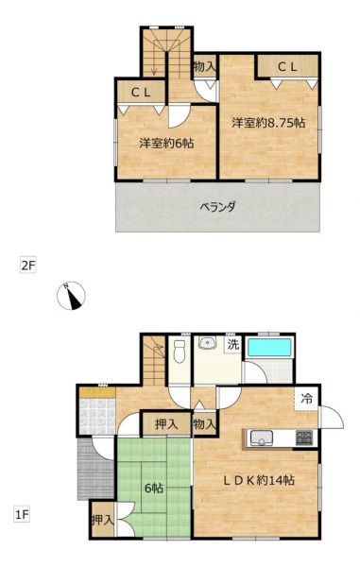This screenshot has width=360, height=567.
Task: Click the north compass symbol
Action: click(71, 296)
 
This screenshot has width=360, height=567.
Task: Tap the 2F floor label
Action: click(27, 266)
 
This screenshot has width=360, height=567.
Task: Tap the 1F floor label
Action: click(22, 514)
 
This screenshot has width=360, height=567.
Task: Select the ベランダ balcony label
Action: click(217, 207)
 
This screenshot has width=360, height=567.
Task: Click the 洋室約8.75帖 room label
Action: click(268, 123)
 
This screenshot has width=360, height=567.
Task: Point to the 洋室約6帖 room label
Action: click(166, 144)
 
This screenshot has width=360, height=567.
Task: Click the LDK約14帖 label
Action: click(259, 480)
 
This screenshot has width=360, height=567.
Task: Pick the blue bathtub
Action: click(269, 348)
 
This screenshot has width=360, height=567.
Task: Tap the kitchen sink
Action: click(261, 438)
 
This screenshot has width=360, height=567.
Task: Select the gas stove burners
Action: click(304, 438)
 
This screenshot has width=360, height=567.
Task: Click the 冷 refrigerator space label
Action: click(306, 399)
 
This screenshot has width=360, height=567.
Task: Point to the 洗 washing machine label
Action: click(233, 344)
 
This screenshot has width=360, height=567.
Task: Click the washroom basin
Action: click(207, 342)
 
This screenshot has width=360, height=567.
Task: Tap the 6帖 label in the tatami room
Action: click(154, 489)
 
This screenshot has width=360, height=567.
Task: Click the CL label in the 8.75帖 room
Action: click(287, 67)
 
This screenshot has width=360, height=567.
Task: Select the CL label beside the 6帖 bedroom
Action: click(141, 93)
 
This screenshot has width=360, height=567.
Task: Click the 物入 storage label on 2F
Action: click(205, 66)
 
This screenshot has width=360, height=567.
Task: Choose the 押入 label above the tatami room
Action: click(166, 424)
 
